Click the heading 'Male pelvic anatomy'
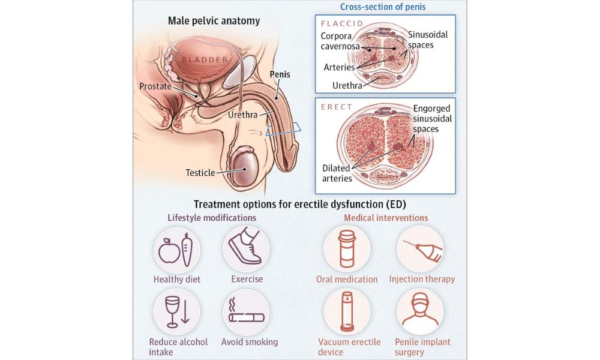click(214, 21)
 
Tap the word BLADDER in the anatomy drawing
click(205, 59)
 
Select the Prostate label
click(155, 86)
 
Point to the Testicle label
click(200, 173)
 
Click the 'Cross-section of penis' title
click(383, 7)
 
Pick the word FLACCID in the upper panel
click(342, 24)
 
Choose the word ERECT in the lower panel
click(337, 107)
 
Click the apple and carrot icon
click(176, 248)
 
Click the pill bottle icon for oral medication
click(347, 248)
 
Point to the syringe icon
click(421, 248)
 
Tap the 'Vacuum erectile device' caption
click(349, 347)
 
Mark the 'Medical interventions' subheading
click(386, 218)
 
